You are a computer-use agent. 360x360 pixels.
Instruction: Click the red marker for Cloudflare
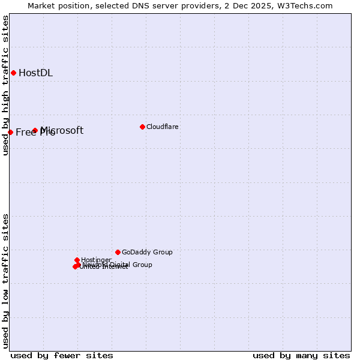142,127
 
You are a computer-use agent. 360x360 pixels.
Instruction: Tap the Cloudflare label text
163,127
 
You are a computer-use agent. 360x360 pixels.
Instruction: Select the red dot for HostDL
13,73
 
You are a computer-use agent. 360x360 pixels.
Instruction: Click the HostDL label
36,73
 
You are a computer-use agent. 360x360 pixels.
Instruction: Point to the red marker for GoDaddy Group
118,252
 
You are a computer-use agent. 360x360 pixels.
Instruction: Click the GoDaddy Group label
147,253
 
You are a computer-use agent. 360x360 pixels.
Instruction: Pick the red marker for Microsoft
35,130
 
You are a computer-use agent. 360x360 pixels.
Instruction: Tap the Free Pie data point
11,132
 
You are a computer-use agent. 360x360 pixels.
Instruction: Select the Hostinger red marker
77,260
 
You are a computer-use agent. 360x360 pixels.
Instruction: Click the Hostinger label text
97,260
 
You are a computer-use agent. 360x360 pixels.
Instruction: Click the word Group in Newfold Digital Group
142,265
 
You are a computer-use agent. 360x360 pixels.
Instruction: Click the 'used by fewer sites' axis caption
62,355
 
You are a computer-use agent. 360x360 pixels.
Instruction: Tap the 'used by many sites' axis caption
301,355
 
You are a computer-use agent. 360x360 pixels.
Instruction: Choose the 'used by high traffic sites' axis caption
6,85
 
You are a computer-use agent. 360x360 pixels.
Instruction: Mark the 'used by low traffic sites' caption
6,281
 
